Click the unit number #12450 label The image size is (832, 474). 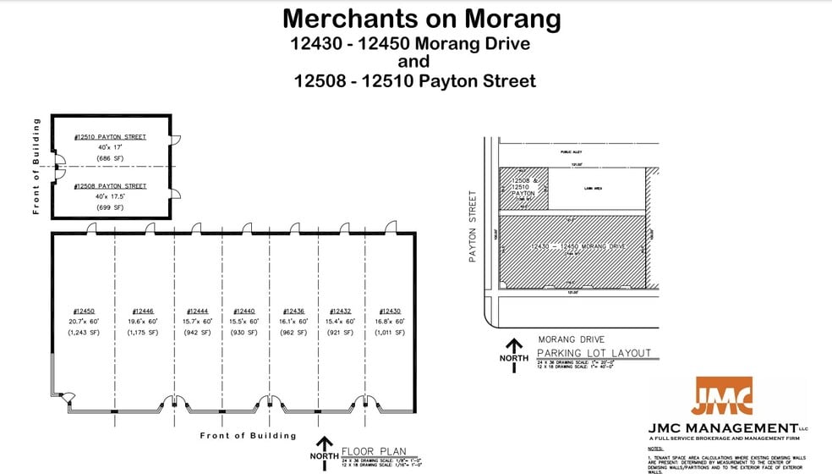click(84, 311)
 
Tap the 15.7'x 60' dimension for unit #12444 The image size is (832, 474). click(196, 322)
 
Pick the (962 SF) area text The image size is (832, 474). click(293, 333)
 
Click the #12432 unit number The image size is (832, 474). click(340, 311)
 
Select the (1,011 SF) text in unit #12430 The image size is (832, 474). click(390, 333)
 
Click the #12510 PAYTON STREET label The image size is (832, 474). click(110, 137)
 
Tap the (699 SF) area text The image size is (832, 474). click(110, 207)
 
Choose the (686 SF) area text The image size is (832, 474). click(110, 158)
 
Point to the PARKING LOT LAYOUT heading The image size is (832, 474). click(594, 352)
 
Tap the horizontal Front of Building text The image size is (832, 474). click(248, 436)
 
